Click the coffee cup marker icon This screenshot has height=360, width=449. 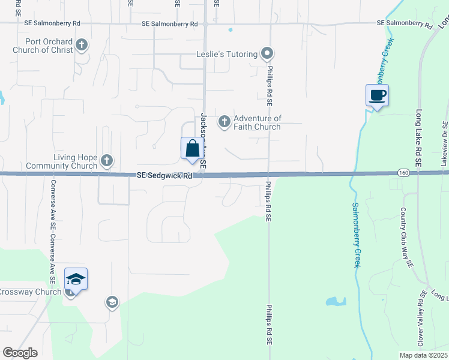[x=377, y=95]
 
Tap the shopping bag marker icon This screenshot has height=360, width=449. [x=192, y=148]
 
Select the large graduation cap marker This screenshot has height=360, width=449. [x=76, y=279]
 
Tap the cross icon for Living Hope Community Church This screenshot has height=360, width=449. [x=106, y=160]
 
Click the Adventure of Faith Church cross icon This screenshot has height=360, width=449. [x=224, y=122]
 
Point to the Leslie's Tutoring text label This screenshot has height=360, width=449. [x=227, y=54]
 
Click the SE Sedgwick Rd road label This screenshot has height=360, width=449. [x=164, y=176]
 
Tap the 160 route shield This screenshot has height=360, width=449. [x=403, y=173]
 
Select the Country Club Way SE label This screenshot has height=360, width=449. [x=407, y=238]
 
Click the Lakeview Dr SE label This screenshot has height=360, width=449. [x=444, y=143]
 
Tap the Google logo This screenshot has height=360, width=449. [x=20, y=353]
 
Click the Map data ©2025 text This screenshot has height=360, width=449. [x=423, y=355]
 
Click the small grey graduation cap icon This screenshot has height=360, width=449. [x=112, y=302]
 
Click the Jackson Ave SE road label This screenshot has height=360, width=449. [x=203, y=140]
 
